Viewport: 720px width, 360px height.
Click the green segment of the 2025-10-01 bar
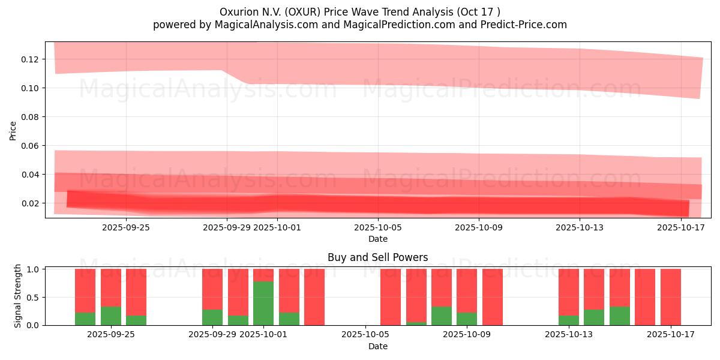coord(263,303)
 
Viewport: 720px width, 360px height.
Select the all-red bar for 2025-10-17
coord(670,297)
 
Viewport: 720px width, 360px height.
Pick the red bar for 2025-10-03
coord(314,297)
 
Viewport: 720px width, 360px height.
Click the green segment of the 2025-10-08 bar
coord(442,316)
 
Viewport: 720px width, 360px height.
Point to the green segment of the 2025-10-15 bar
coord(619,316)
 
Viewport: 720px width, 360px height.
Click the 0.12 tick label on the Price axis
coord(31,59)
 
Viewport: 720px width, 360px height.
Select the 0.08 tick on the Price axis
coord(31,117)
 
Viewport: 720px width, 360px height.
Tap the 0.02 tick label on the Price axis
coord(31,203)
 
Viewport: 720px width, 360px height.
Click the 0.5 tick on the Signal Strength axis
coord(34,298)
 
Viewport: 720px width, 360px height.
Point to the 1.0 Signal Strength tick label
coord(34,269)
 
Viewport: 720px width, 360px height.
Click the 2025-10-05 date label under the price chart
coord(377,227)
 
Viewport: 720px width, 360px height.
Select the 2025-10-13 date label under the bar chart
coord(568,335)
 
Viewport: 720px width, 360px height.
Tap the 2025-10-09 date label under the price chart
coord(478,227)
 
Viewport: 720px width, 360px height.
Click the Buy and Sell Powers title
coord(377,257)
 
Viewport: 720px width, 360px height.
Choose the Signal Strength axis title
coord(18,296)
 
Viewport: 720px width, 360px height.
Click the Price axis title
coord(13,130)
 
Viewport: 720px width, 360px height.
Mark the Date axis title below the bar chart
coord(377,346)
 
